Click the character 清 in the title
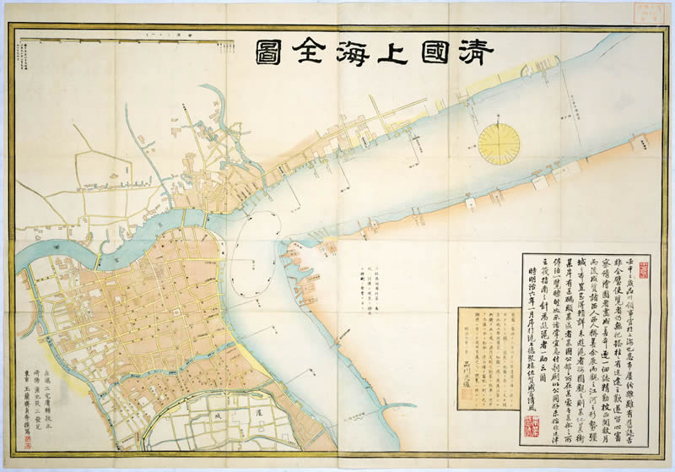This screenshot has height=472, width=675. [475, 51]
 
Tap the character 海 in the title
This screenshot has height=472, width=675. [367, 51]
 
